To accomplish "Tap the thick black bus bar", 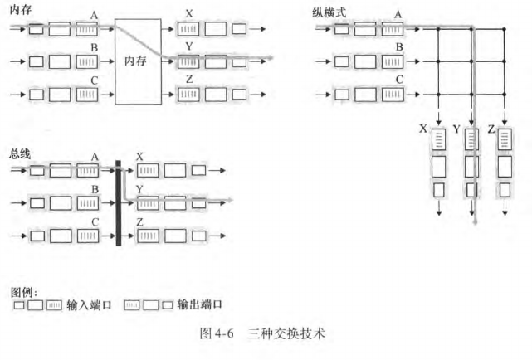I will point(119,202).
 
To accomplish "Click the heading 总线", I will point(19,153).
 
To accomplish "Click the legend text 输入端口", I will point(89,305).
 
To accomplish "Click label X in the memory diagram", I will point(190,15).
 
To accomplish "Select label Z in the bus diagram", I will point(139,221).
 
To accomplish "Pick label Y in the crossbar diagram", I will point(456,130).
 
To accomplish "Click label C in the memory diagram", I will point(94,80).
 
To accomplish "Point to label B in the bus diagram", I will point(95,189).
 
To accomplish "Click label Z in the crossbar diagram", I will point(491,130).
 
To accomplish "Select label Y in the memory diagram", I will point(190,47).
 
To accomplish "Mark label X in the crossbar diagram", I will point(423,130).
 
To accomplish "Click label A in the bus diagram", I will point(95,157).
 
